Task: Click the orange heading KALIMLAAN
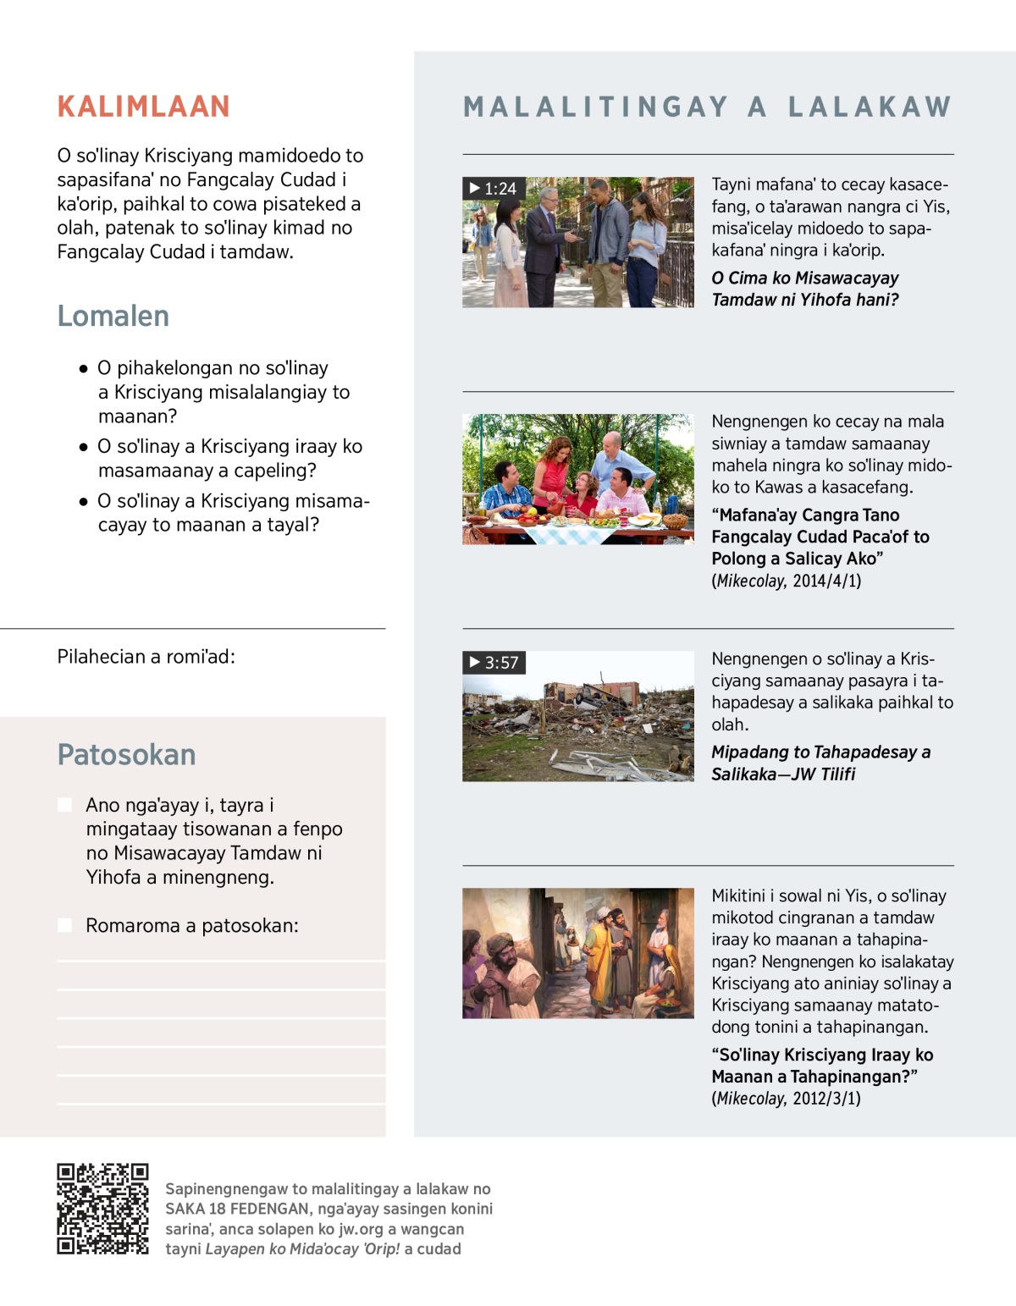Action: [x=143, y=107]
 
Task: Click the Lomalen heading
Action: [x=113, y=316]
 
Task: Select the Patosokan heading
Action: [x=126, y=754]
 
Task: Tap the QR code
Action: [x=102, y=1209]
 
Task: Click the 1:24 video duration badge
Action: [x=494, y=188]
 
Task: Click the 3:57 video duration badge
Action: [x=494, y=662]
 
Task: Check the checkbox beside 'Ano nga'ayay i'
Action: [x=64, y=804]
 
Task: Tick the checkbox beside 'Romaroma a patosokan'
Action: [x=64, y=925]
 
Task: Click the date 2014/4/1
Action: [x=826, y=581]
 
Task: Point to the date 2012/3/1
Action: [x=826, y=1099]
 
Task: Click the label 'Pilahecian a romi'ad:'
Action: [x=146, y=656]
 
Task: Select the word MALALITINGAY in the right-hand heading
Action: [x=596, y=107]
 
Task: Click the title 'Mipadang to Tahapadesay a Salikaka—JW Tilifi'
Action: [x=820, y=763]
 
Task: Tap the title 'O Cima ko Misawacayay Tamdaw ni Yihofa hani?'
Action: [x=804, y=289]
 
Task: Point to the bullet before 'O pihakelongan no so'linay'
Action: [x=83, y=368]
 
